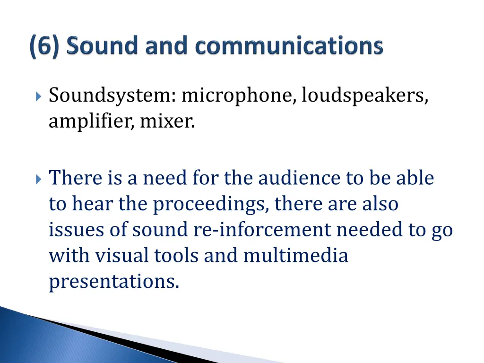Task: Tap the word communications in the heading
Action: click(289, 46)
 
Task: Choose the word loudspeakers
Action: click(365, 96)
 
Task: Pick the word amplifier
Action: click(91, 122)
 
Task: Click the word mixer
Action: click(167, 122)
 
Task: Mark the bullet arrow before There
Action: click(38, 179)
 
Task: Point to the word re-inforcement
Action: click(262, 230)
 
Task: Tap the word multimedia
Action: click(295, 256)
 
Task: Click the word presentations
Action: click(114, 282)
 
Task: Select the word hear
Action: click(93, 204)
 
